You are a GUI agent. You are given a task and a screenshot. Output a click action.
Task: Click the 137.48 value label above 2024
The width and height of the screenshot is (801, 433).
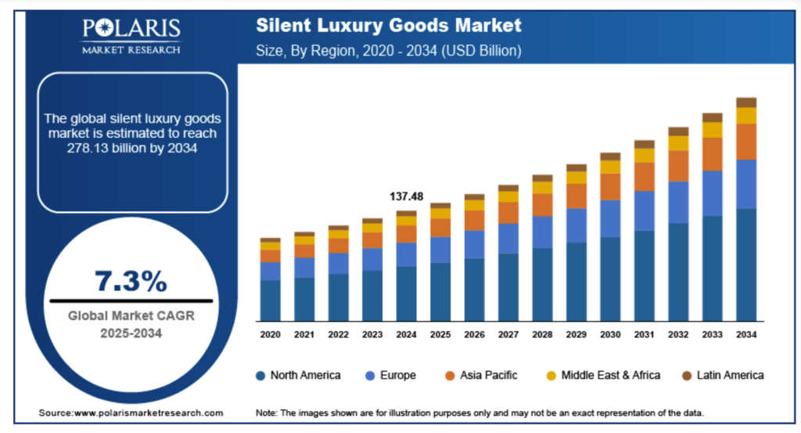coord(406,197)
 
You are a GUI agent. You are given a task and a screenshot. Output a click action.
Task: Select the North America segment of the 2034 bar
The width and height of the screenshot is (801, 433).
coord(746,265)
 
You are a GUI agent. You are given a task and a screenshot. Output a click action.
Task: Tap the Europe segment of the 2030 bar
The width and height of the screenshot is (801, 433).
coord(610,218)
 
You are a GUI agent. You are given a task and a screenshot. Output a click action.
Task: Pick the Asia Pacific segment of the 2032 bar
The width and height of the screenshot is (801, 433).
coord(678,166)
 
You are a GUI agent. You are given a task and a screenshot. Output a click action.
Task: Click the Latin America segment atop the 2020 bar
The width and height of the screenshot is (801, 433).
coord(271,240)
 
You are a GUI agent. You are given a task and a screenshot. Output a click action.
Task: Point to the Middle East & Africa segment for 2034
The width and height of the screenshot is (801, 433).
coord(746,116)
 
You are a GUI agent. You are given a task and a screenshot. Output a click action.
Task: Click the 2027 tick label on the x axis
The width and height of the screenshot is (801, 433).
coord(508,334)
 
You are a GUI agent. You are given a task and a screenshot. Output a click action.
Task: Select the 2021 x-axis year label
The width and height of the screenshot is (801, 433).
coord(304,334)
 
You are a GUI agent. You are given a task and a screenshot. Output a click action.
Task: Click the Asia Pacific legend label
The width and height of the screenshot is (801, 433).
coord(488,375)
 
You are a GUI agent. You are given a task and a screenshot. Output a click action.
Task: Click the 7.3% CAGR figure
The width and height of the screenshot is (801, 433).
coord(131,280)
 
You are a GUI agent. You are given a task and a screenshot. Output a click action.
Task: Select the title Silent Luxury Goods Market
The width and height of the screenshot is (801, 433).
coord(388,25)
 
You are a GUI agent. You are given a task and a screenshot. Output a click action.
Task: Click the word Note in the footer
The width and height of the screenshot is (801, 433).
coord(268,413)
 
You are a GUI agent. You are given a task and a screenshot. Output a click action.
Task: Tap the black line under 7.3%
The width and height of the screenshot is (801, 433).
coord(131,300)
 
